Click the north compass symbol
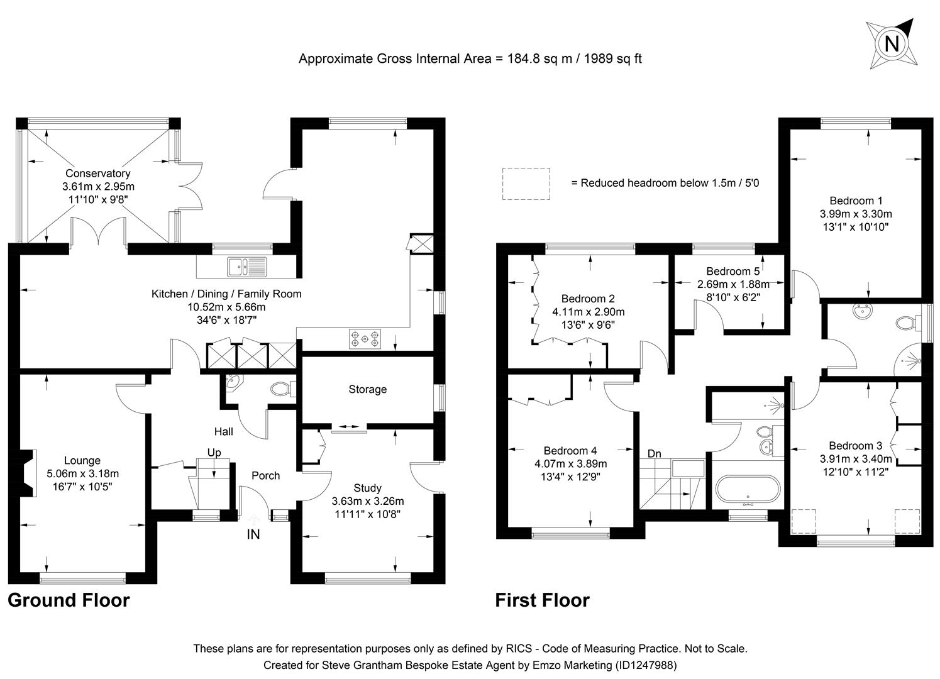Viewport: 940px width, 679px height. click(x=890, y=44)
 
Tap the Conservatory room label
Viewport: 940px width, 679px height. click(x=98, y=174)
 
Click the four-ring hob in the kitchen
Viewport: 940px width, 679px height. click(x=365, y=339)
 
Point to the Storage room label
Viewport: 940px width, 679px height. click(x=367, y=390)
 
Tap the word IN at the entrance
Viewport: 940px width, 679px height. click(x=253, y=535)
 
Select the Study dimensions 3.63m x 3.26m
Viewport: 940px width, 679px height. click(x=367, y=501)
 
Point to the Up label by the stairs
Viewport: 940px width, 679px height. click(x=214, y=453)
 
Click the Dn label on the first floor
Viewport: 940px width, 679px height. click(x=654, y=453)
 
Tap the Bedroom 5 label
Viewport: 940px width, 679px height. click(x=733, y=272)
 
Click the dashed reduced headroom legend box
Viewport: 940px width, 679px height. click(x=526, y=184)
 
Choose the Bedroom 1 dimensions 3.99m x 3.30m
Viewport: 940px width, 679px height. click(x=855, y=214)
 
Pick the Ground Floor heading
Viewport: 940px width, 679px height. click(x=69, y=600)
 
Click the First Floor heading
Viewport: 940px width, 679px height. click(x=542, y=600)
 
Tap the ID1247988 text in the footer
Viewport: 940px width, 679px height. click(x=645, y=665)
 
